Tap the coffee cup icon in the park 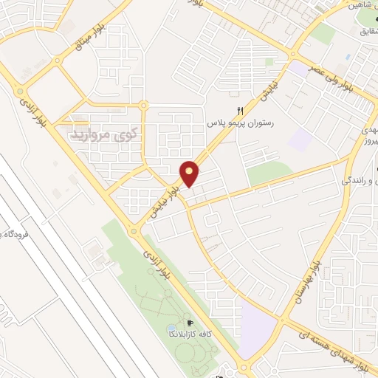click(x=190, y=323)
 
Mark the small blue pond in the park click(x=171, y=327)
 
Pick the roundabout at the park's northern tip click(x=133, y=230)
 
